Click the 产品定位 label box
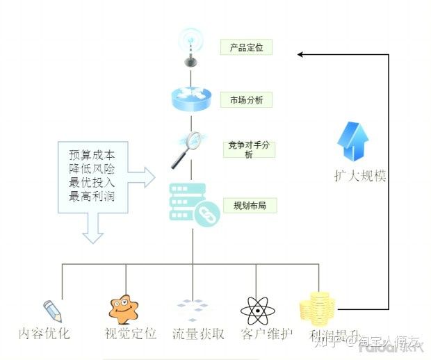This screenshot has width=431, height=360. (x=245, y=47)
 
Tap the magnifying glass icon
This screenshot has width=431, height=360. (x=186, y=149)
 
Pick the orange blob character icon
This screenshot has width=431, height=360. (x=124, y=309)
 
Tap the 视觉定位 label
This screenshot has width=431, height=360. (x=130, y=334)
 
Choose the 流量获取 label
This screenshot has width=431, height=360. (x=198, y=334)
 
